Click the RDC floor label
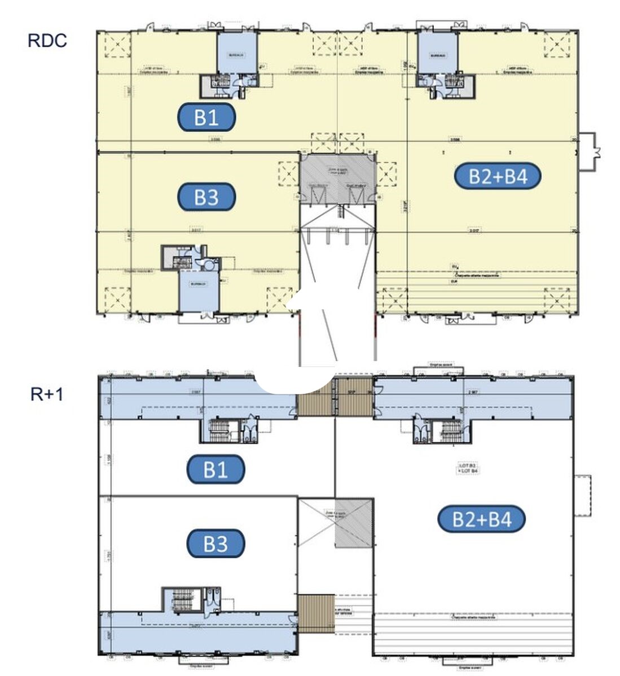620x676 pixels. tap(47, 41)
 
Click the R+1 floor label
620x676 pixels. tap(47, 394)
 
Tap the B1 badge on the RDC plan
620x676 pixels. tap(206, 118)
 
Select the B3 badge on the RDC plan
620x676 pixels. tap(206, 197)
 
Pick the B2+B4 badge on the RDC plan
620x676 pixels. tap(498, 176)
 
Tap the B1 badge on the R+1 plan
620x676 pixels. tap(216, 469)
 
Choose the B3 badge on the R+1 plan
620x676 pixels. tap(216, 544)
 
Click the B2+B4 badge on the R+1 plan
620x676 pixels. tap(481, 519)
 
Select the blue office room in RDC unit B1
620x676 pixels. tap(237, 53)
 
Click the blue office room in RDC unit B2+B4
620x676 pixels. tap(437, 53)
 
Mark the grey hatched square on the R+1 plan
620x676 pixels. tap(354, 523)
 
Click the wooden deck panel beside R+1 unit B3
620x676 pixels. tap(316, 613)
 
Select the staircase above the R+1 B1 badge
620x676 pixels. tap(218, 430)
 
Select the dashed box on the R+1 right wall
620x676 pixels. tap(583, 495)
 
